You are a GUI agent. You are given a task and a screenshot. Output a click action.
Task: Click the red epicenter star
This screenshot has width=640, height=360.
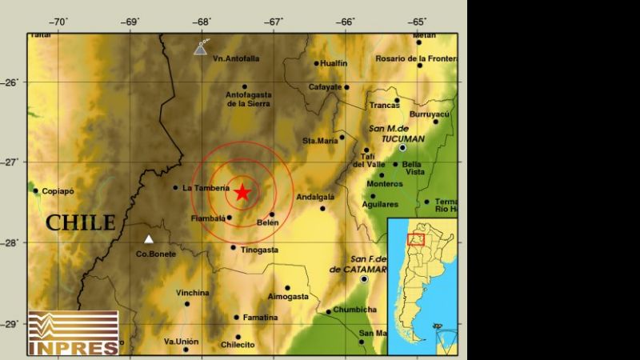[x=242, y=192]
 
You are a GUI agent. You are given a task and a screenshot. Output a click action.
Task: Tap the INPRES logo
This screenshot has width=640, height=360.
[x=73, y=333]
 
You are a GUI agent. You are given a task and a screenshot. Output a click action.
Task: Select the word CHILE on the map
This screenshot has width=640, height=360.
[x=80, y=222]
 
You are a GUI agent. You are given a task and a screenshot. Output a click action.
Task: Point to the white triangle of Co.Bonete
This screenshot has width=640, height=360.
[x=148, y=238]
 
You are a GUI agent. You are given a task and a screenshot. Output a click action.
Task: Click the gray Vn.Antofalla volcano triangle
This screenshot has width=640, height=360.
[x=201, y=50]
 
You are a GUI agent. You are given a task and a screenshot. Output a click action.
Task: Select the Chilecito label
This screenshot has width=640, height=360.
[x=238, y=345]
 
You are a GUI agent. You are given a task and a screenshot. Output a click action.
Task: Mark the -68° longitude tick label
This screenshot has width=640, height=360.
[x=202, y=21]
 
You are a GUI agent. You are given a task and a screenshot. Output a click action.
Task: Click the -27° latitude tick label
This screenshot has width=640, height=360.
[x=14, y=162]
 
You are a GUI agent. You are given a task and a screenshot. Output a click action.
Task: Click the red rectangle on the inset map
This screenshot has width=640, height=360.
[x=416, y=239]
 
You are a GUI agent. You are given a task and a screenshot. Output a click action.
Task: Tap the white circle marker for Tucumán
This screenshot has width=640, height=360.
[x=403, y=148]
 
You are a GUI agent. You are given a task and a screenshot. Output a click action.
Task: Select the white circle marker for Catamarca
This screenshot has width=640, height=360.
[x=364, y=279]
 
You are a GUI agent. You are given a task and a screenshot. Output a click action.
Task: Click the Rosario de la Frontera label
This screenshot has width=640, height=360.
[x=416, y=58]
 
